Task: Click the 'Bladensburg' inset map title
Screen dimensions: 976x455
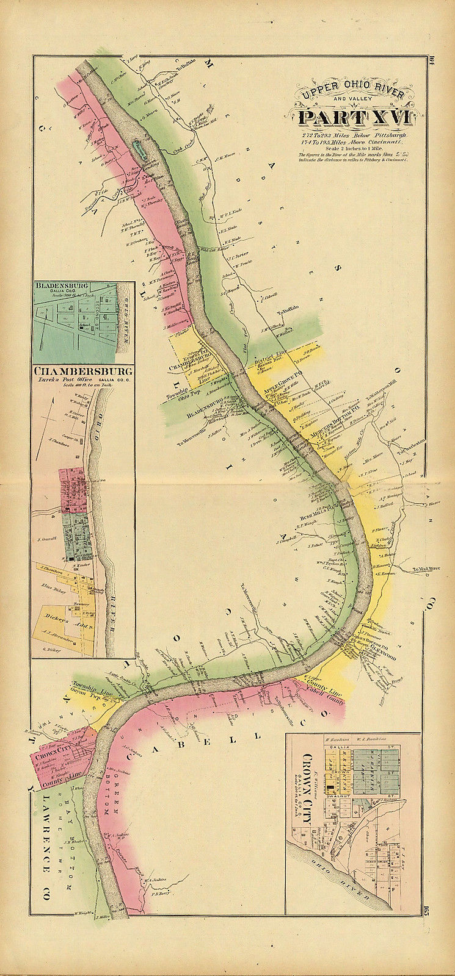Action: coord(63,285)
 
